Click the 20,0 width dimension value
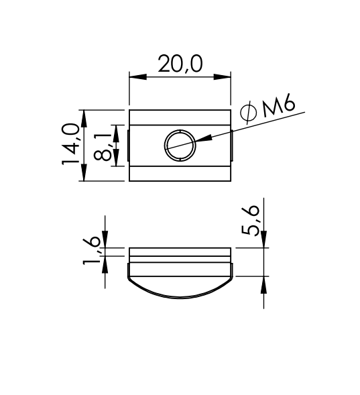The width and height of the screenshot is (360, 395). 180,64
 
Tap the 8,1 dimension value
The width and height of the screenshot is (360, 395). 103,148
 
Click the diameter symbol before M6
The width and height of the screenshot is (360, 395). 248,113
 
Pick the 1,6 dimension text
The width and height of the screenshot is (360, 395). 91,251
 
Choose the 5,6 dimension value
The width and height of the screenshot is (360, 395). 250,221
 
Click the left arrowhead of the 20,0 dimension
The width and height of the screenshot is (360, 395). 138,77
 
